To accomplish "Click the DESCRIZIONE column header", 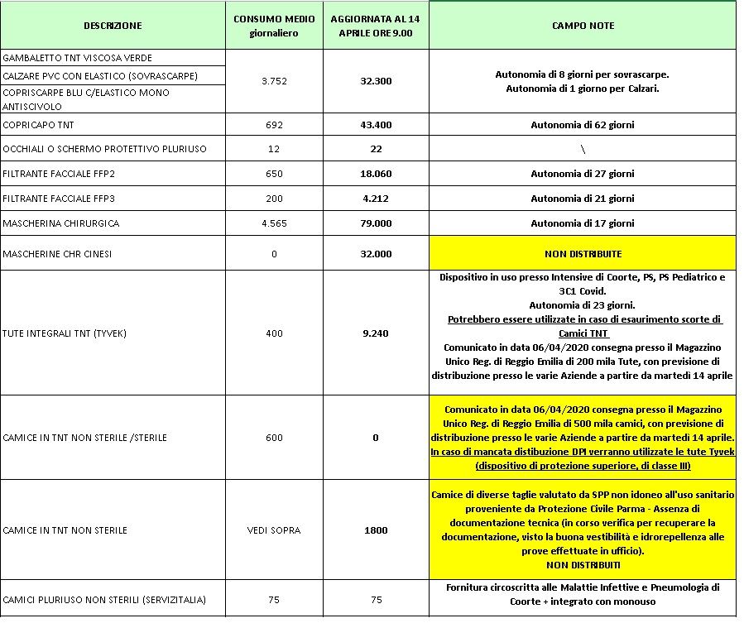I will (x=113, y=26).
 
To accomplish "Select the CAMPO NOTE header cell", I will (x=583, y=26).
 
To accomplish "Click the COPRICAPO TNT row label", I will (x=36, y=125).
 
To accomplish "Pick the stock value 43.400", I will (x=376, y=125).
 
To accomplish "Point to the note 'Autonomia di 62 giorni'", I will (x=583, y=125).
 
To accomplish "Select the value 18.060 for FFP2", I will (x=376, y=174).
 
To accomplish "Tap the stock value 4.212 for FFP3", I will (x=376, y=199).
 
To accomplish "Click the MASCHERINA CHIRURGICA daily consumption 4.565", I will (x=272, y=223).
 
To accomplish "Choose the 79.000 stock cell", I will (x=376, y=223).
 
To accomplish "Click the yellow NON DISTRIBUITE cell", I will (x=583, y=253).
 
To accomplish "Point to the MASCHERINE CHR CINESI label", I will (x=57, y=254).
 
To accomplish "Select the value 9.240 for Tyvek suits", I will (x=376, y=333).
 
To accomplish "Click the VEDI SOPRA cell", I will (x=272, y=530).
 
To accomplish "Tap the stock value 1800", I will (x=376, y=530).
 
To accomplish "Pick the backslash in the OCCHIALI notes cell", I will (x=583, y=149).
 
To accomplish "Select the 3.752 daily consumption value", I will (x=272, y=81).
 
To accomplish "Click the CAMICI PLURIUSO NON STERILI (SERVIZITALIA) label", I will (x=104, y=600).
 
